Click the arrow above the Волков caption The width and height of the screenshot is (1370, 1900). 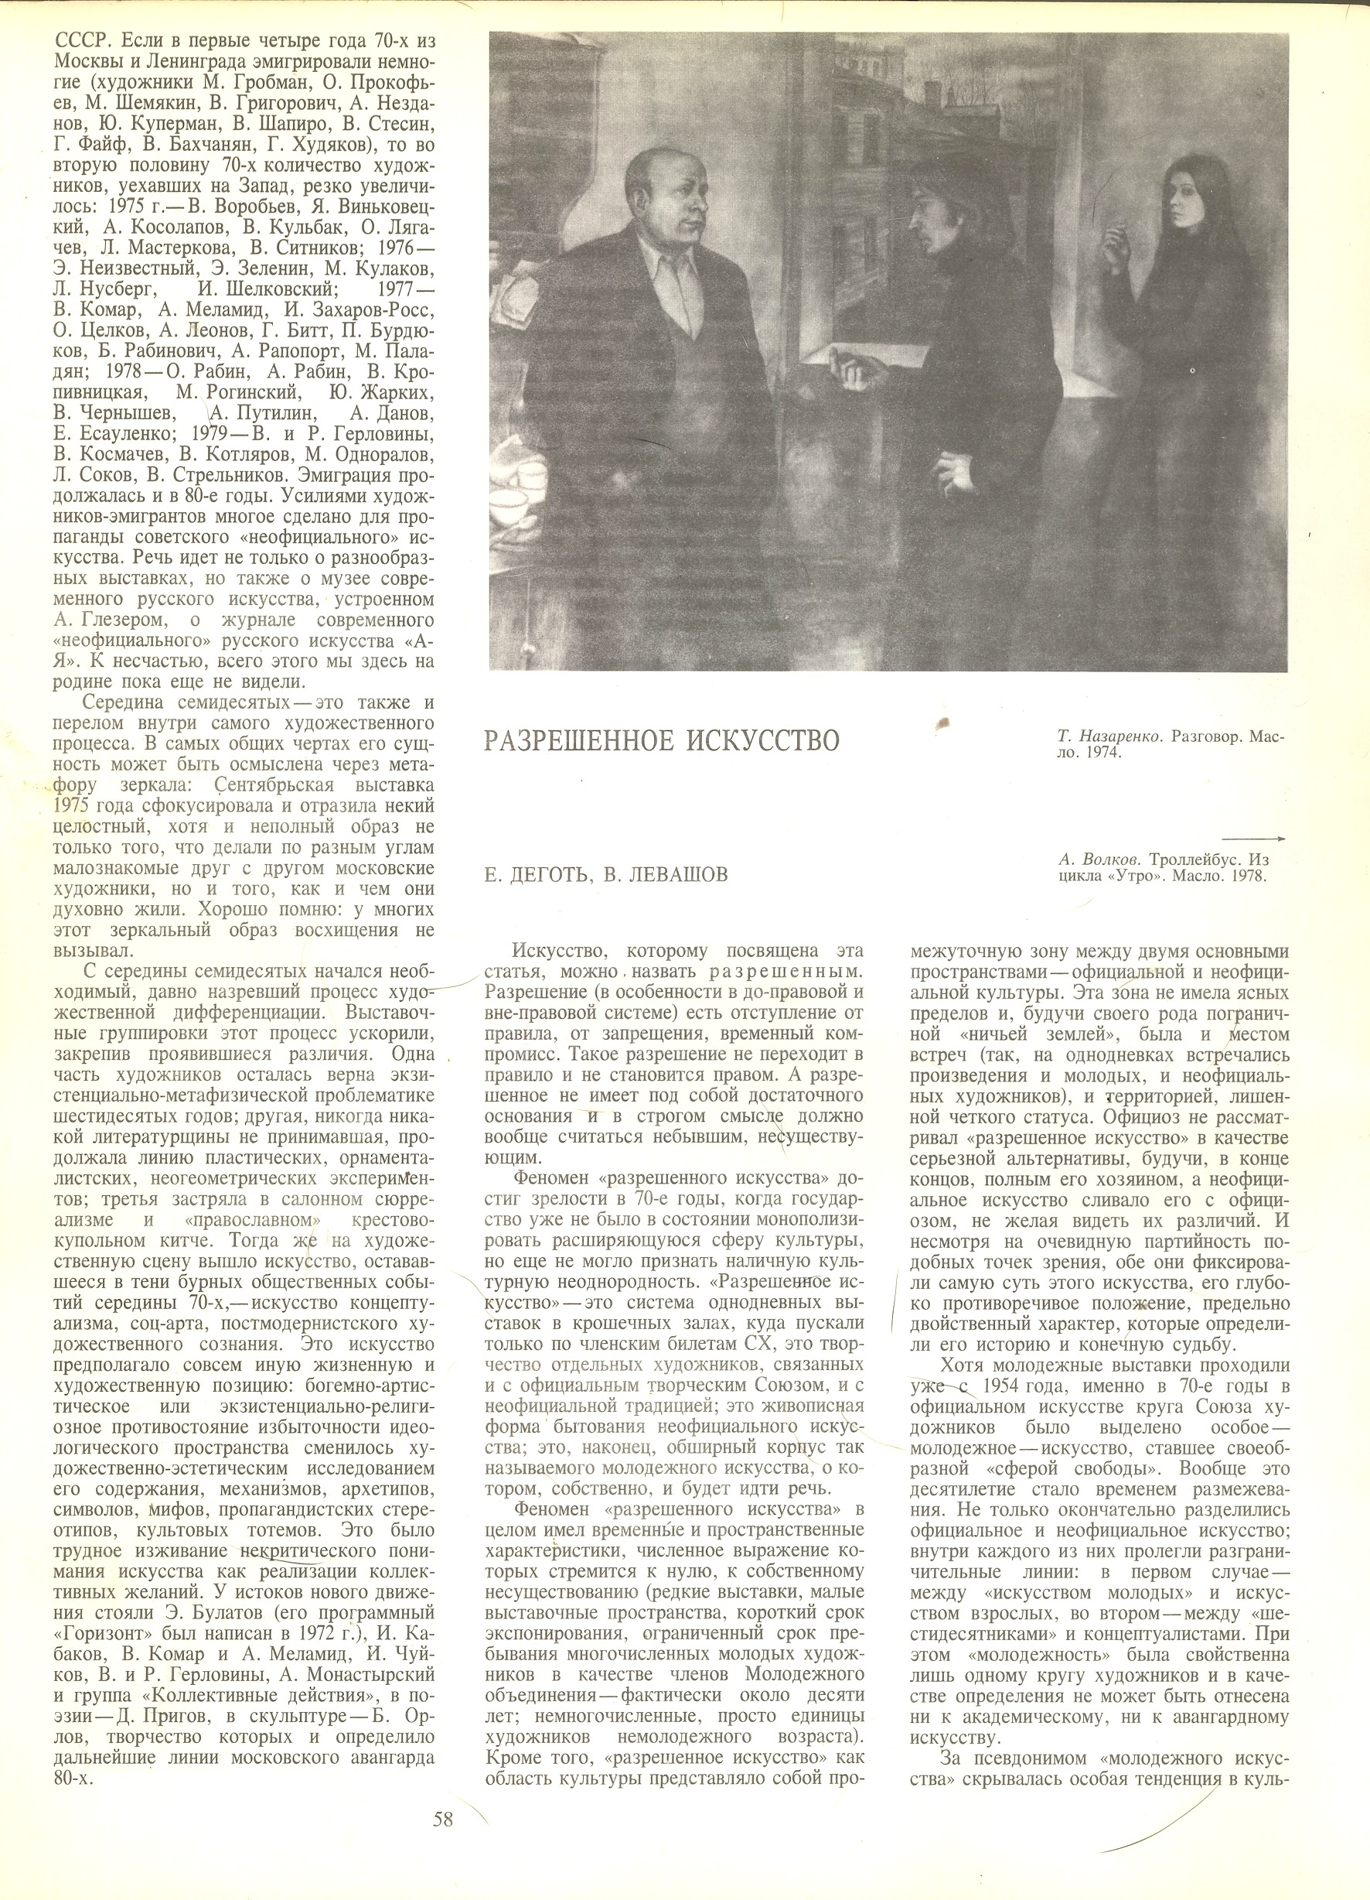pyautogui.click(x=1252, y=838)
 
